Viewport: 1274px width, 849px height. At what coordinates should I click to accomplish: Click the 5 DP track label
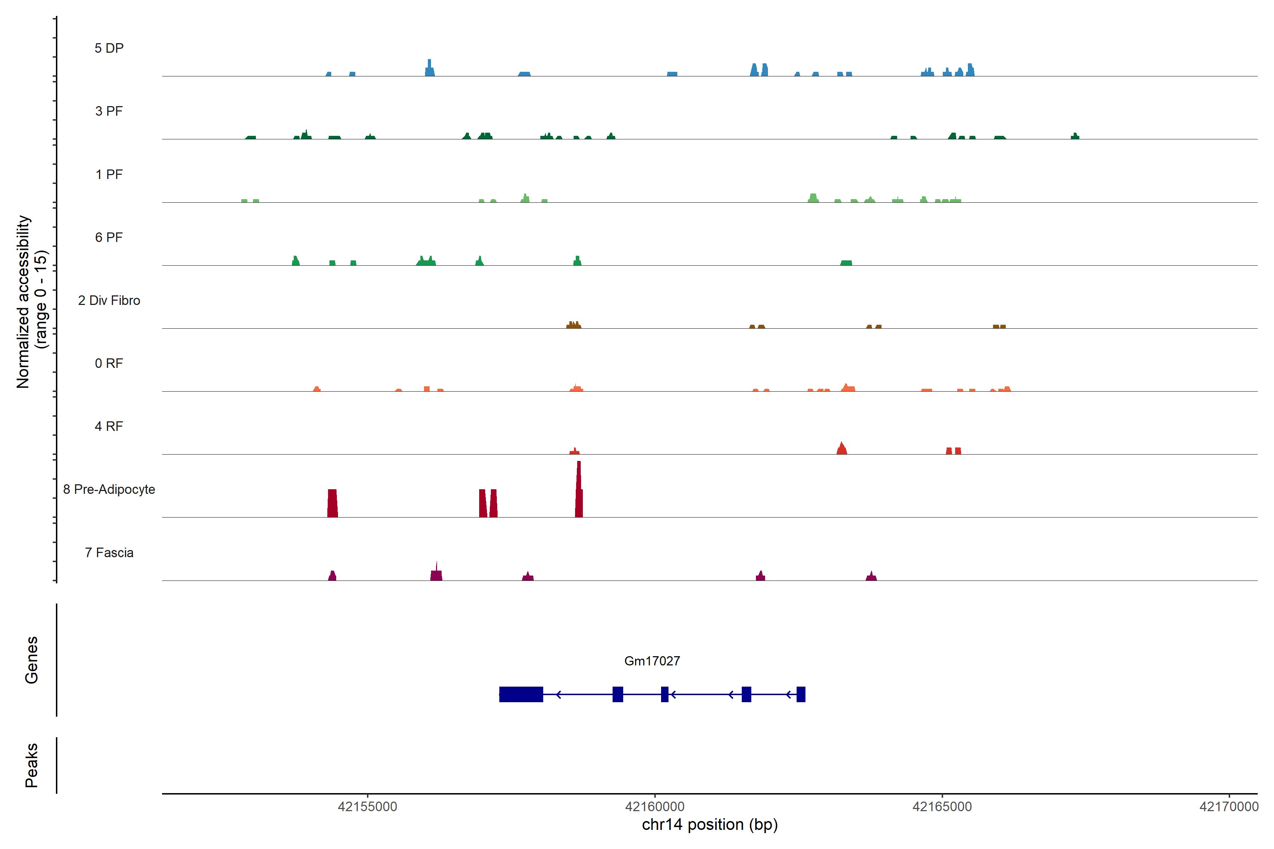tap(109, 48)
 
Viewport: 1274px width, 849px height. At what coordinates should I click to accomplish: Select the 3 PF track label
tap(109, 111)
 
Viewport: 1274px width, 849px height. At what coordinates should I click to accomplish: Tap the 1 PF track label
tap(109, 174)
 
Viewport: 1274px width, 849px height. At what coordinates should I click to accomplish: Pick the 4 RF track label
tap(109, 426)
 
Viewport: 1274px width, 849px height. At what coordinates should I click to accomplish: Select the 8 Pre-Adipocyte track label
tap(109, 490)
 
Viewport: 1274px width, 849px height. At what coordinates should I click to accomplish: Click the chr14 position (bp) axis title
tap(710, 825)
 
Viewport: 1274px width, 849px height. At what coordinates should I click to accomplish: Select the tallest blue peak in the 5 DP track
tap(430, 68)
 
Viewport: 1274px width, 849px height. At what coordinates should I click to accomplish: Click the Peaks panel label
tap(31, 765)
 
